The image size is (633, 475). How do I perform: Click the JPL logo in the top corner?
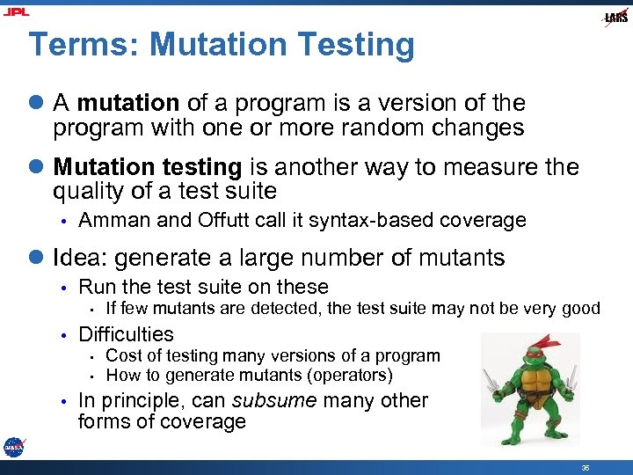[16, 11]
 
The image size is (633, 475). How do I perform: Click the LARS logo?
[616, 18]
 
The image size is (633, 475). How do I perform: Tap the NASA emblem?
[13, 447]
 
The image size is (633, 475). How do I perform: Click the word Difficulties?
[126, 334]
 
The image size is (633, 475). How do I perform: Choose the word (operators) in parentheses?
[350, 376]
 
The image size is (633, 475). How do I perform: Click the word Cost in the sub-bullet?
[123, 356]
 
